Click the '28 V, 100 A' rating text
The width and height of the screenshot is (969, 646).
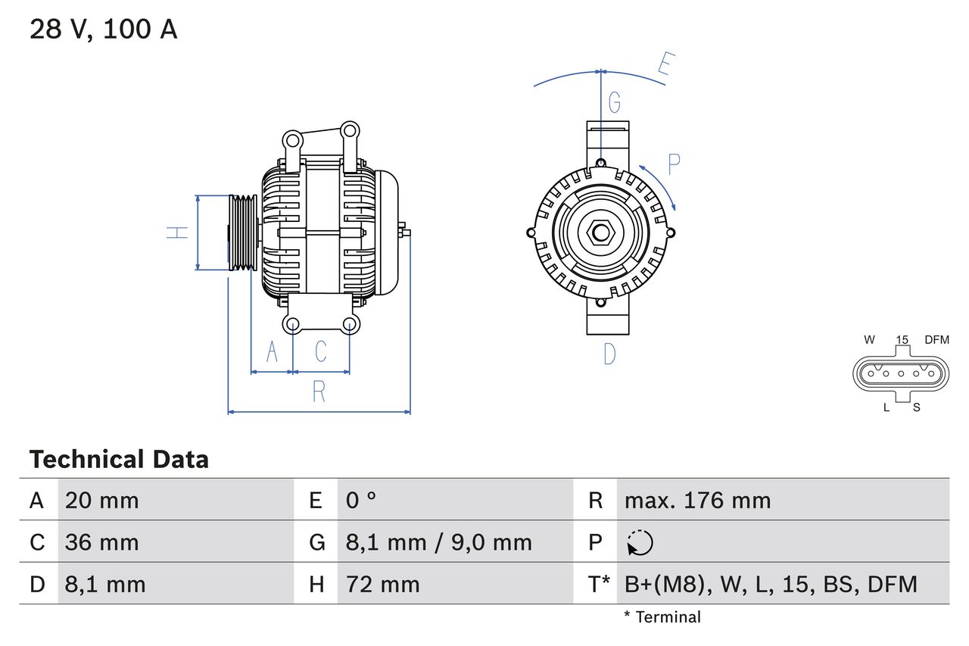103,30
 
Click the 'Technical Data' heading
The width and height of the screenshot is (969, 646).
119,459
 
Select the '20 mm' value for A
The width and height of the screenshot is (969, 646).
101,500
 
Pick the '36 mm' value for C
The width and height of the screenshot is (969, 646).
101,542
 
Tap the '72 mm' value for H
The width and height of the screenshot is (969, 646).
382,584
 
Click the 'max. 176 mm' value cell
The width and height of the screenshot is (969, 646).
697,500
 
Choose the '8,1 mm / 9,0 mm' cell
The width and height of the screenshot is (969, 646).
438,542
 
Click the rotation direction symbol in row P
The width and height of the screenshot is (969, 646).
640,542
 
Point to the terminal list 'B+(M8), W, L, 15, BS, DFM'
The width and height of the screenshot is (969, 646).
771,584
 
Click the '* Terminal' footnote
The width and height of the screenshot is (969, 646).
662,617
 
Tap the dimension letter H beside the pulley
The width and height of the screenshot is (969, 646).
177,232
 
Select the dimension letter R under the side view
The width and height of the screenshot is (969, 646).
319,392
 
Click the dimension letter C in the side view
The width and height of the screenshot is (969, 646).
321,351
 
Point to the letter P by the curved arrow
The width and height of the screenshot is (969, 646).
674,164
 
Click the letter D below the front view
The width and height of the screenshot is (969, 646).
609,354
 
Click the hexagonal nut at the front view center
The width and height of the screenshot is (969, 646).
600,232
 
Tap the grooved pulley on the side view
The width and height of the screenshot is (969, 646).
243,232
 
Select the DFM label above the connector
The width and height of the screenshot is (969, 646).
936,340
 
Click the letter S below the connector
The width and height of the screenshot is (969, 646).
916,407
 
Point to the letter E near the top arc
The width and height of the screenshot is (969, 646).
665,66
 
